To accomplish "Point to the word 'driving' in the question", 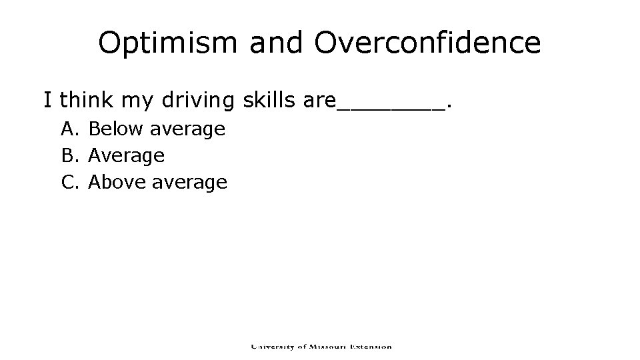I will (x=197, y=101).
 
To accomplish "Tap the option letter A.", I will (x=69, y=129).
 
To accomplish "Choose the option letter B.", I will (x=69, y=155).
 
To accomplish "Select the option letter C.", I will (x=69, y=182).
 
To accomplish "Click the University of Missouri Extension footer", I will (x=321, y=346).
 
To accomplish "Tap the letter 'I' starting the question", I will (x=47, y=101).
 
